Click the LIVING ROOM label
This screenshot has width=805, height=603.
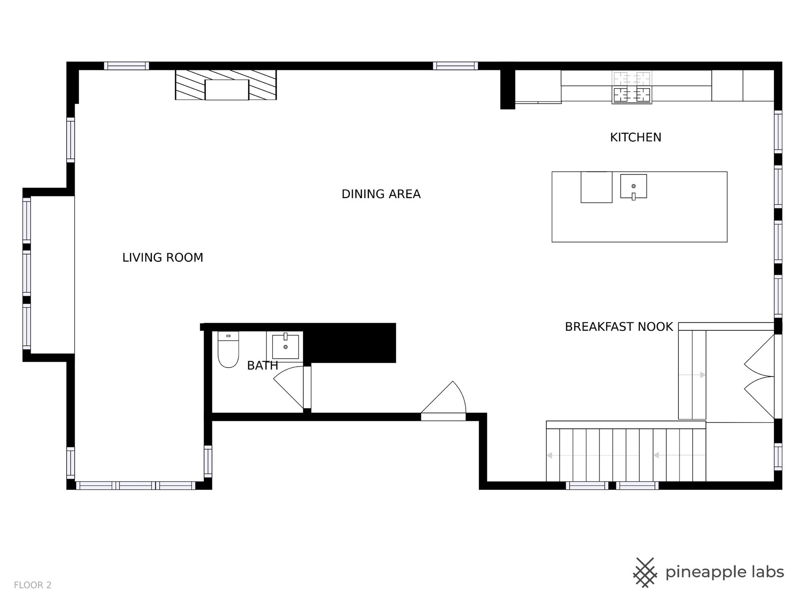[163, 258]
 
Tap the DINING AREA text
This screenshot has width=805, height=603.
[381, 194]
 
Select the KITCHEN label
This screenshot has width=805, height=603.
[636, 137]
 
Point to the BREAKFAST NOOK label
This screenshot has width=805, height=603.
[619, 327]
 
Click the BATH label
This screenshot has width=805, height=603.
[262, 366]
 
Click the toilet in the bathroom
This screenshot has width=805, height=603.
[228, 350]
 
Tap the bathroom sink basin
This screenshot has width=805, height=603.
[286, 347]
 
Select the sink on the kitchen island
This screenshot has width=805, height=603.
[634, 186]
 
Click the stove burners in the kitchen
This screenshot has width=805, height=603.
[632, 88]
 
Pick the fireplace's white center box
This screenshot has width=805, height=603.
[227, 90]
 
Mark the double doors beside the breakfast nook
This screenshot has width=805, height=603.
[759, 376]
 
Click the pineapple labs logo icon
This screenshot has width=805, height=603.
[645, 572]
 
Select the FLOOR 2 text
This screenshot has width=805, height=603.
[33, 585]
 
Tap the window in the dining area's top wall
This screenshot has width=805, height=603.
[455, 66]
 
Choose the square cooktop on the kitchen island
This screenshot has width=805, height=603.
[596, 187]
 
